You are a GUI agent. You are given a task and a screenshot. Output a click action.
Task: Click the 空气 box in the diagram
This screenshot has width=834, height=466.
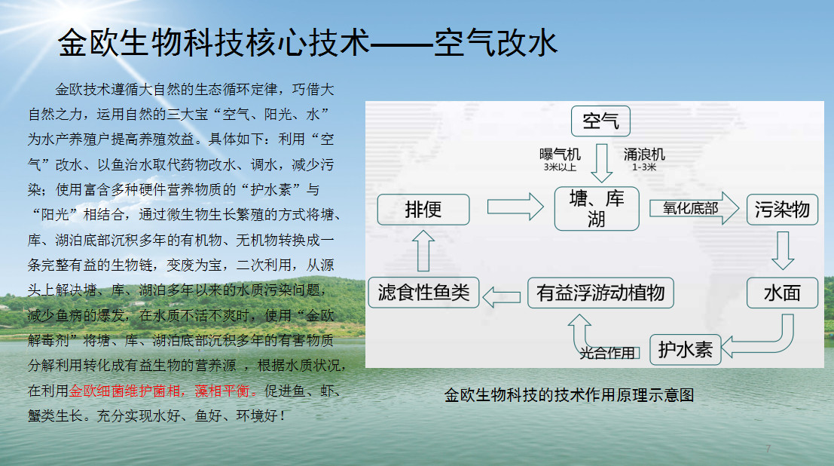coord(600,121)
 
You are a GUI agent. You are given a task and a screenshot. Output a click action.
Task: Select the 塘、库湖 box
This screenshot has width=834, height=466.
coord(596,209)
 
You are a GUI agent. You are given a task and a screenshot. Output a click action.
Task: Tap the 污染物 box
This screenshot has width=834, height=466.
coord(782,210)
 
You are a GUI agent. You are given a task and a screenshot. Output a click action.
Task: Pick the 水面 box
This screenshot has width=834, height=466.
coord(782,293)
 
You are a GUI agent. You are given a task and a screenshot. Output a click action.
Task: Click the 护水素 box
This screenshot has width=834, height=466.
coord(685,350)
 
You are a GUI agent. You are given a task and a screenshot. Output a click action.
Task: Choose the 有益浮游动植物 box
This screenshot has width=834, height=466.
coord(600,293)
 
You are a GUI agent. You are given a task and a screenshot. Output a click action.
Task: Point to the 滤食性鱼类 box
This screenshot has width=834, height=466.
coord(423,293)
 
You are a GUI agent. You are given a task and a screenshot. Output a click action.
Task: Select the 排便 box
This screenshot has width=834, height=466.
coord(423,210)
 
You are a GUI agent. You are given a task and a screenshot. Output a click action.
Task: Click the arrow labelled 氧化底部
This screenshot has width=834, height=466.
coord(694,208)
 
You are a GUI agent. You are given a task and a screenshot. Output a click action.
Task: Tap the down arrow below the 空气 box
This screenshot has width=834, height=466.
coord(601,163)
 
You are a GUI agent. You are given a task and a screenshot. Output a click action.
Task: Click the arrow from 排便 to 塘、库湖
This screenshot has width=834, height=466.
coord(515,207)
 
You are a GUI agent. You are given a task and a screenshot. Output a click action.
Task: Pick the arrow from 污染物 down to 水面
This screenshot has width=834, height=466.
coord(783,250)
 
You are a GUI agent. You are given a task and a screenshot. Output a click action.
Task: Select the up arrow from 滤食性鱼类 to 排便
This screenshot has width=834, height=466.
coord(423,251)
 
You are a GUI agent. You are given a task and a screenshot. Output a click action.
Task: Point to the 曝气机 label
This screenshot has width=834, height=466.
coord(560,155)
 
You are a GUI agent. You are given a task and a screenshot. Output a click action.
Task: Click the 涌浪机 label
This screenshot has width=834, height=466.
coord(644,155)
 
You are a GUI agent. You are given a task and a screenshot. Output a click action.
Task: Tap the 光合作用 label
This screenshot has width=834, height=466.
coord(607,353)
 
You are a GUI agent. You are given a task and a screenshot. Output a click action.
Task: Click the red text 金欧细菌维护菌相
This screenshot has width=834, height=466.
coord(124,391)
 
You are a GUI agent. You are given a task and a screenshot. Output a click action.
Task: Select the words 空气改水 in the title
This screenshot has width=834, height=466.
coord(496,43)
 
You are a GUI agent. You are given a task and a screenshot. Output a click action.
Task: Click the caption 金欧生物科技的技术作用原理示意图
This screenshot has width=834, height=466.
coord(569,395)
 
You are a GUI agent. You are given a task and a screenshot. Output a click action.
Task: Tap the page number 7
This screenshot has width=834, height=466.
coord(768,449)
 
